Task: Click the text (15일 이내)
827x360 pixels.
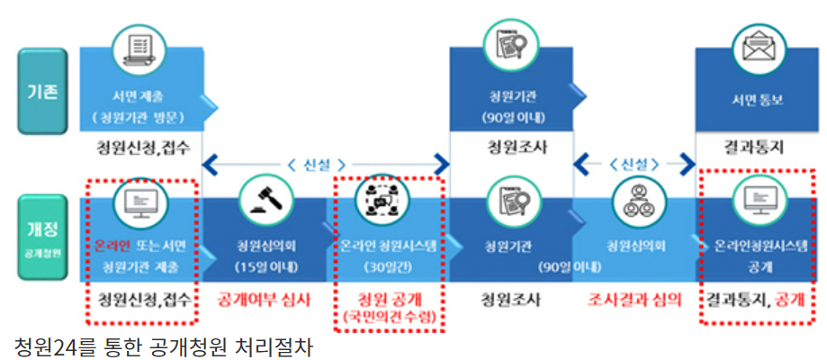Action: tap(263, 265)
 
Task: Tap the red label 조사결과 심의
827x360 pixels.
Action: tap(634, 299)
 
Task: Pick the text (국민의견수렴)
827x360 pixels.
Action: tap(389, 316)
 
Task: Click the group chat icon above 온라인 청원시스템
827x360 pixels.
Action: tap(389, 201)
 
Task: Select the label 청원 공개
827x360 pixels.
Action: tap(389, 298)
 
